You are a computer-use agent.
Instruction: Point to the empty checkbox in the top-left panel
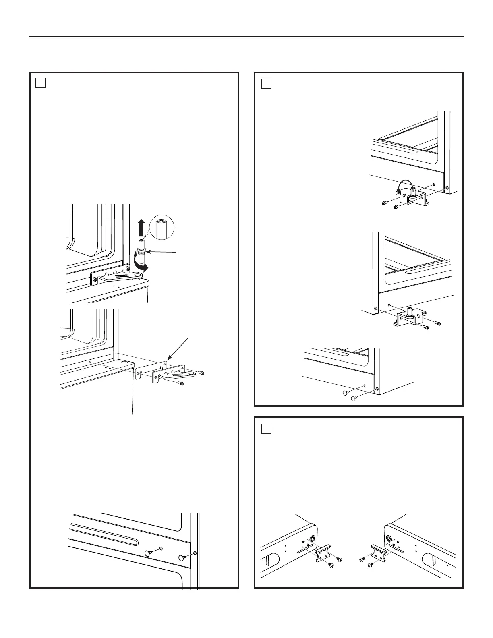click(40, 83)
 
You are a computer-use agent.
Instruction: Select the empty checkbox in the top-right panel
click(266, 83)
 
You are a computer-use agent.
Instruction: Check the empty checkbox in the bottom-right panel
click(266, 428)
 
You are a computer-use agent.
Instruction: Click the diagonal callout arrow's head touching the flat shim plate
click(169, 358)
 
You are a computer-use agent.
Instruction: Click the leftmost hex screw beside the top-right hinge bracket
click(384, 203)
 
